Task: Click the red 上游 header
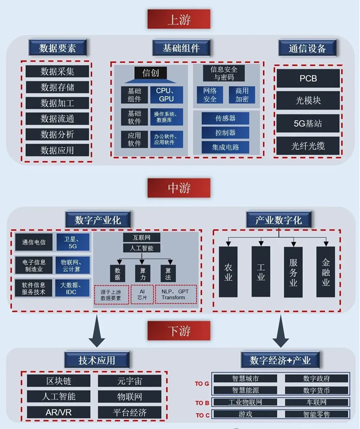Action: tap(179, 19)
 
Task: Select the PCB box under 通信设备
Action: tap(308, 79)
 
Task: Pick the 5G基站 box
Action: tap(308, 124)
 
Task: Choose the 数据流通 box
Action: tap(57, 119)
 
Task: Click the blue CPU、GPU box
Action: tap(166, 95)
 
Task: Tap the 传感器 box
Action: tap(225, 118)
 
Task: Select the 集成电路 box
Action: tap(225, 147)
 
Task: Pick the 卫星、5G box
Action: tap(73, 243)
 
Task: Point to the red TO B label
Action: tap(203, 403)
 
